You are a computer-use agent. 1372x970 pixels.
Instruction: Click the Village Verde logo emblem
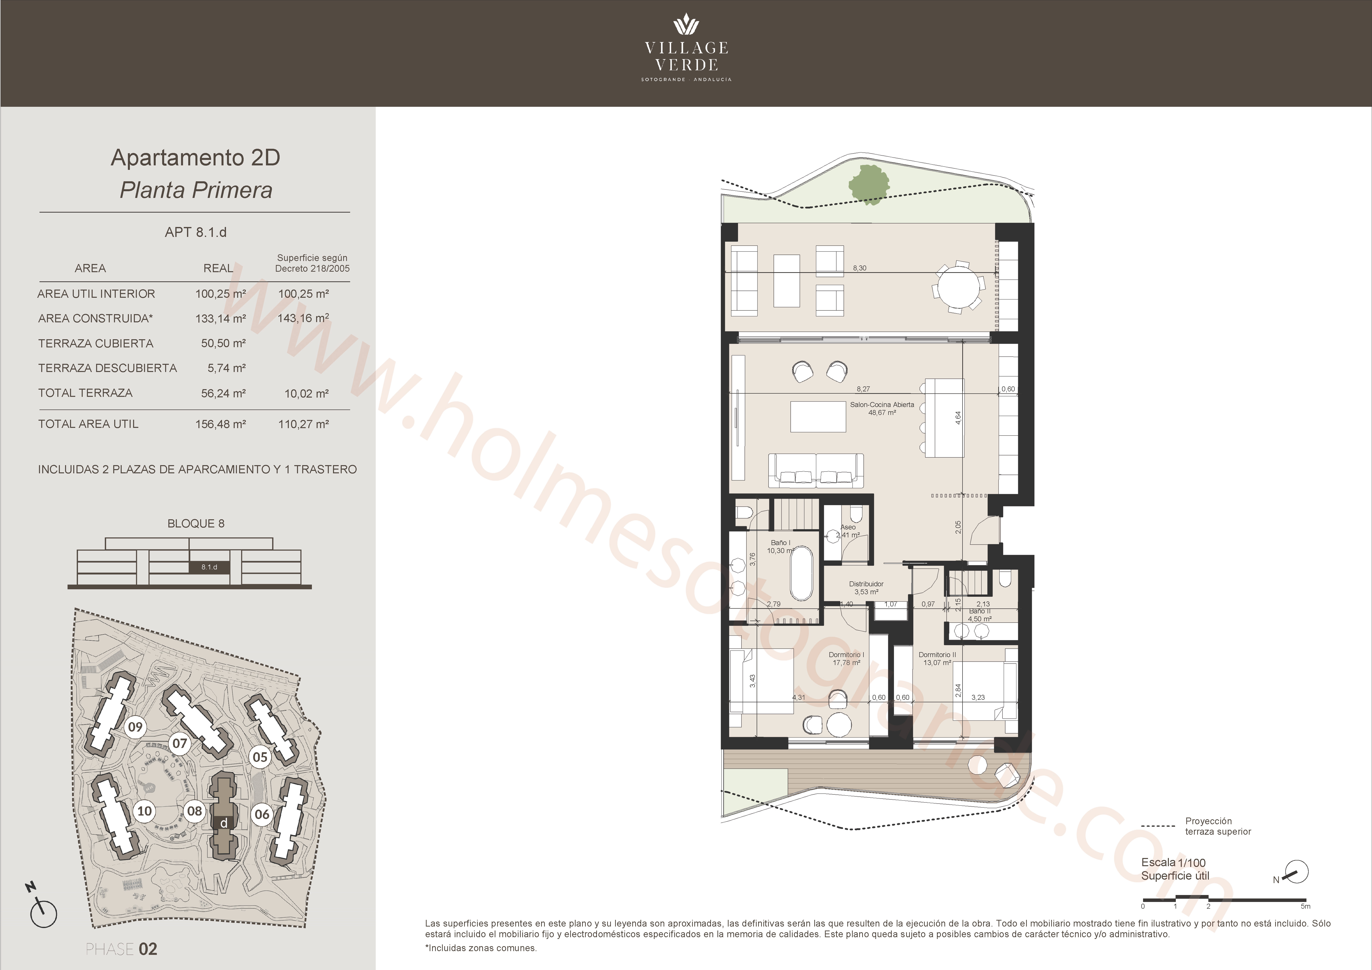coord(686,25)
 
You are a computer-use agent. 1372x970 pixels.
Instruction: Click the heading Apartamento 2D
coord(195,158)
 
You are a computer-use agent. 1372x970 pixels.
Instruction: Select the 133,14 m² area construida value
coord(221,319)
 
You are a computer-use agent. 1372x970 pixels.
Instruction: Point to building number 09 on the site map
coord(136,727)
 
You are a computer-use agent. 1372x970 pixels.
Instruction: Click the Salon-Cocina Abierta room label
coord(882,408)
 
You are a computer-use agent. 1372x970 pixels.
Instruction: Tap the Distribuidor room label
coord(866,588)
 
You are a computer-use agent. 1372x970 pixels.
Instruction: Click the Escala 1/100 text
coord(1173,862)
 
